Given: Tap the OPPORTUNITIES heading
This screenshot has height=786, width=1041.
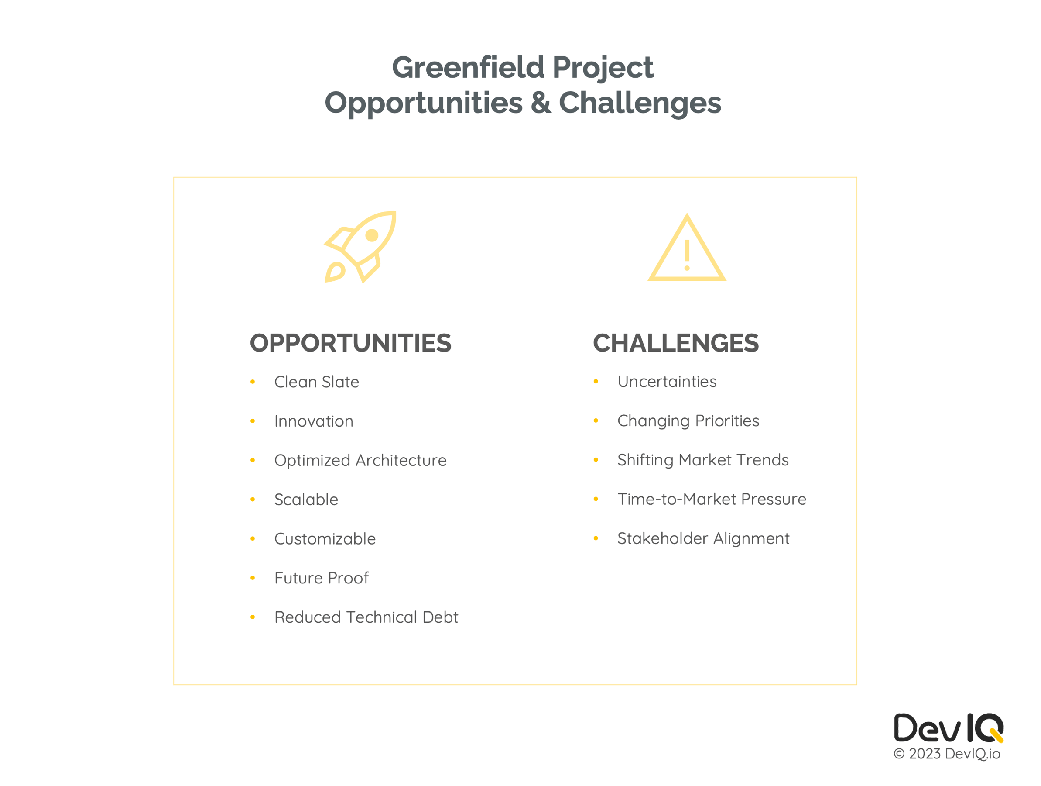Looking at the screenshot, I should (x=350, y=343).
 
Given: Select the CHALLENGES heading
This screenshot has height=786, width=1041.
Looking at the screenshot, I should (x=675, y=343).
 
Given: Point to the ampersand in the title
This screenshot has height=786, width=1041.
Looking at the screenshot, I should (x=540, y=103).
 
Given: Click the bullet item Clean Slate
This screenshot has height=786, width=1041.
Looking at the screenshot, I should (x=316, y=382).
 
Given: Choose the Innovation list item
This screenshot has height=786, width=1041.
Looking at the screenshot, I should (x=313, y=421).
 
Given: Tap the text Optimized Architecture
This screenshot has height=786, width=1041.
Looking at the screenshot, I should (x=360, y=460).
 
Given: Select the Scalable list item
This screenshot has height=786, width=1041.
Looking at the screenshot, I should (x=306, y=499).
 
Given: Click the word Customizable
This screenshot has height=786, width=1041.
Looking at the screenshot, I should (x=325, y=539).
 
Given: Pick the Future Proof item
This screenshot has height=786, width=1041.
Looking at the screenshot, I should (x=322, y=578).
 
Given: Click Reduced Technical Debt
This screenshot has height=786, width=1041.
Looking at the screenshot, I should (x=366, y=617).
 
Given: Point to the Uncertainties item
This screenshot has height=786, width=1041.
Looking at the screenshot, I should (x=666, y=382).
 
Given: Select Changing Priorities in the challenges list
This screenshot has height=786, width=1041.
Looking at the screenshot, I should (x=688, y=421).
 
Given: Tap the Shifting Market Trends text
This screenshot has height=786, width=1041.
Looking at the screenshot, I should (x=702, y=460).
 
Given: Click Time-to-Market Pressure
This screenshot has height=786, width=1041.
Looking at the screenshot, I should (x=712, y=499).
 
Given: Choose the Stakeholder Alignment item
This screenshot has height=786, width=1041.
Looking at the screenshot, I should (x=703, y=538).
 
